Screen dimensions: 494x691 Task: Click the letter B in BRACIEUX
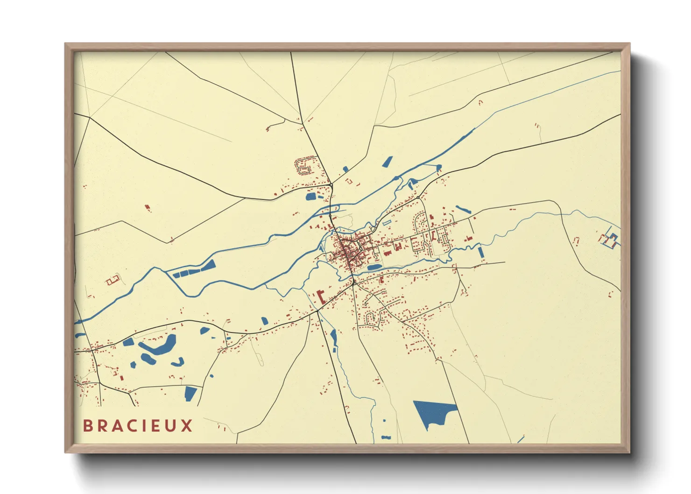tap(88, 426)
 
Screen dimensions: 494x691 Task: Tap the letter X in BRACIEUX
tap(187, 426)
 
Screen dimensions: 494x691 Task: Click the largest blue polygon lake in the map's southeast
tap(432, 412)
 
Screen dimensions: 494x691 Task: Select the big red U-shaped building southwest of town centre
tap(321, 297)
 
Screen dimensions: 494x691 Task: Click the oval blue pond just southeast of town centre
tap(374, 268)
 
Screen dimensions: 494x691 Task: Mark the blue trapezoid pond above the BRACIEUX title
tap(190, 393)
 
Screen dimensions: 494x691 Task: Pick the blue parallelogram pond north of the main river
tap(387, 162)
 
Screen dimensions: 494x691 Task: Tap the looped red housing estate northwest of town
tap(303, 166)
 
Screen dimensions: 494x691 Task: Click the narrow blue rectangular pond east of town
tap(480, 252)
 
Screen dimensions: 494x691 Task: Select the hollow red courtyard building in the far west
tap(113, 280)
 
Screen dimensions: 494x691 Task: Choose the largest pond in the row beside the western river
tap(207, 266)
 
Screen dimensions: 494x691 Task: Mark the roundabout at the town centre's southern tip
tap(354, 282)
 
